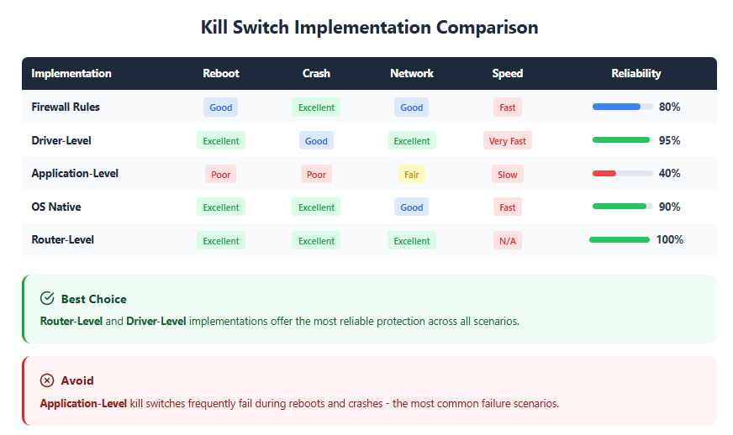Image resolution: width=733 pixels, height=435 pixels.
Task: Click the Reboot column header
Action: pyautogui.click(x=220, y=73)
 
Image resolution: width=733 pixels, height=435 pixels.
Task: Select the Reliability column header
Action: pyautogui.click(x=635, y=73)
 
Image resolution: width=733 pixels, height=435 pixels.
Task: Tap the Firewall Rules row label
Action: pyautogui.click(x=66, y=107)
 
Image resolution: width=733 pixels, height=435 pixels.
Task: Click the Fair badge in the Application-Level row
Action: pyautogui.click(x=411, y=175)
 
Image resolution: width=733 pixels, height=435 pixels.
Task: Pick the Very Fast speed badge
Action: pyautogui.click(x=507, y=140)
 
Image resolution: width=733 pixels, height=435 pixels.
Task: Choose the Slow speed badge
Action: pyautogui.click(x=507, y=175)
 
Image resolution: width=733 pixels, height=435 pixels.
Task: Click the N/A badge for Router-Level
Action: pyautogui.click(x=507, y=241)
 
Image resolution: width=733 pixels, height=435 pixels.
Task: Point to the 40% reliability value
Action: pyautogui.click(x=669, y=173)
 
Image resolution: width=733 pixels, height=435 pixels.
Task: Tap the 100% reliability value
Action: pyautogui.click(x=670, y=239)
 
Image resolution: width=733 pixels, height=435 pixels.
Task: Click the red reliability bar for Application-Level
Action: pyautogui.click(x=604, y=173)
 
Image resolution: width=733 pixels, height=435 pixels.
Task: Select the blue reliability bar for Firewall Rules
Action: pyautogui.click(x=616, y=107)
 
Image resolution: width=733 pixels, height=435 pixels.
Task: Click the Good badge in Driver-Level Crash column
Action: pyautogui.click(x=316, y=140)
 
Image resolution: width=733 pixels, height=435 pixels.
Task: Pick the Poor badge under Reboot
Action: pyautogui.click(x=220, y=175)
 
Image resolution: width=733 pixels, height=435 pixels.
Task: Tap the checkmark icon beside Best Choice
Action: pyautogui.click(x=47, y=298)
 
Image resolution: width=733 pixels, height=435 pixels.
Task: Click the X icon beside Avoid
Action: pyautogui.click(x=47, y=380)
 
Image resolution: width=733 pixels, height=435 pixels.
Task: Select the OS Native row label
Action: pyautogui.click(x=56, y=207)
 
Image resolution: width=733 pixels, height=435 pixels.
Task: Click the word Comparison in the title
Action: pyautogui.click(x=487, y=28)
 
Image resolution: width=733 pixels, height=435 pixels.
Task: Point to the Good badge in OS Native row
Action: pyautogui.click(x=411, y=207)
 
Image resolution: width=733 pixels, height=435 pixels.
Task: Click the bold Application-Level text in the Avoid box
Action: pyautogui.click(x=83, y=403)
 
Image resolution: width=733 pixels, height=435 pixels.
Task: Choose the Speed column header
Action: pyautogui.click(x=507, y=73)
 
